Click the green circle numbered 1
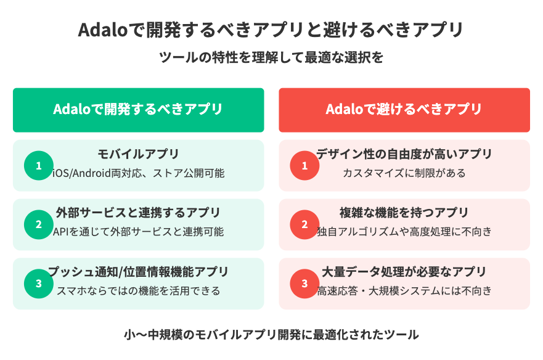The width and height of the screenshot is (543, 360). (x=39, y=166)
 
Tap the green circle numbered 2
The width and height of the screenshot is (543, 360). (x=39, y=224)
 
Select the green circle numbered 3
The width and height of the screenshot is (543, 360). (x=39, y=284)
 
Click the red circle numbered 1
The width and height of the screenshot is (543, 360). (x=304, y=166)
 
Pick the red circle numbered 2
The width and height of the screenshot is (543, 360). (x=304, y=224)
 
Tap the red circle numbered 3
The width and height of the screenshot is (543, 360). (x=304, y=284)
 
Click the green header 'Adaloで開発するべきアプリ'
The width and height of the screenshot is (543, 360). (x=139, y=110)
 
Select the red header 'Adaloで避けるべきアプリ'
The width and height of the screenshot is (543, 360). (x=404, y=110)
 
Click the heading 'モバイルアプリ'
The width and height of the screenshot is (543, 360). (x=139, y=154)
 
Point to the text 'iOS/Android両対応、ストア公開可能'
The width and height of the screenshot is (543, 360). (x=139, y=173)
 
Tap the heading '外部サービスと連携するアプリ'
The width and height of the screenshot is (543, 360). (x=139, y=213)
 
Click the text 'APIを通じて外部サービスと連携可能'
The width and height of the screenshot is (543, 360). (x=139, y=231)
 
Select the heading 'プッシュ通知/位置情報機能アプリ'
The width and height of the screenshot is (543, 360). (x=139, y=272)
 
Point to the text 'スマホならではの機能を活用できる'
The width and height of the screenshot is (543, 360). (x=139, y=291)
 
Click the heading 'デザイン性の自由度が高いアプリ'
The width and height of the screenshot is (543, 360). (x=404, y=154)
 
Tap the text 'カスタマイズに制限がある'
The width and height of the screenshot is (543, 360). (x=404, y=173)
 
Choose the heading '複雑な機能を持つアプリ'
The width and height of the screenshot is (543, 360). (x=404, y=213)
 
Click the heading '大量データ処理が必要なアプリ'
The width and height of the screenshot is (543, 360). (x=404, y=272)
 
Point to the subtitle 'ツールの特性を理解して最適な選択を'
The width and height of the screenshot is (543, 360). (x=271, y=57)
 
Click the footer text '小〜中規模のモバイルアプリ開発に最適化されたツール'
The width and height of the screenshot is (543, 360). (x=271, y=335)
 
